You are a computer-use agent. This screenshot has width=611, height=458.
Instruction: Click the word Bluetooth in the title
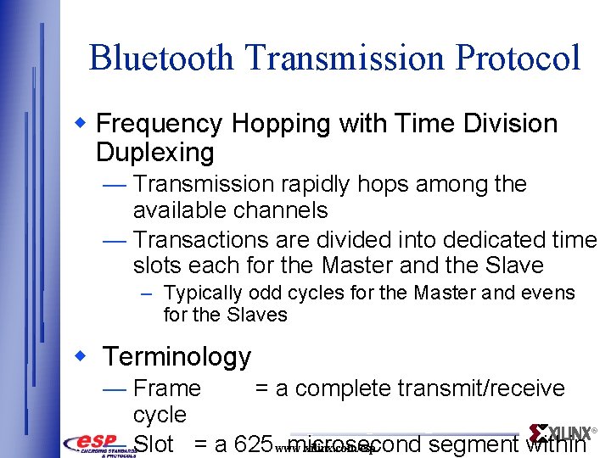click(x=160, y=58)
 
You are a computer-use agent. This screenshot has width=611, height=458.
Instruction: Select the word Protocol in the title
click(x=518, y=58)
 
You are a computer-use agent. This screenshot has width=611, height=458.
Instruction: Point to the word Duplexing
click(x=155, y=153)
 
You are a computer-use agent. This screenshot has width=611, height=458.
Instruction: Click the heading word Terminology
click(x=177, y=357)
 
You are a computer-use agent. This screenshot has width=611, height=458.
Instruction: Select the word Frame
click(x=167, y=388)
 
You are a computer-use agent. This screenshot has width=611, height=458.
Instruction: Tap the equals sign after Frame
click(x=262, y=388)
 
